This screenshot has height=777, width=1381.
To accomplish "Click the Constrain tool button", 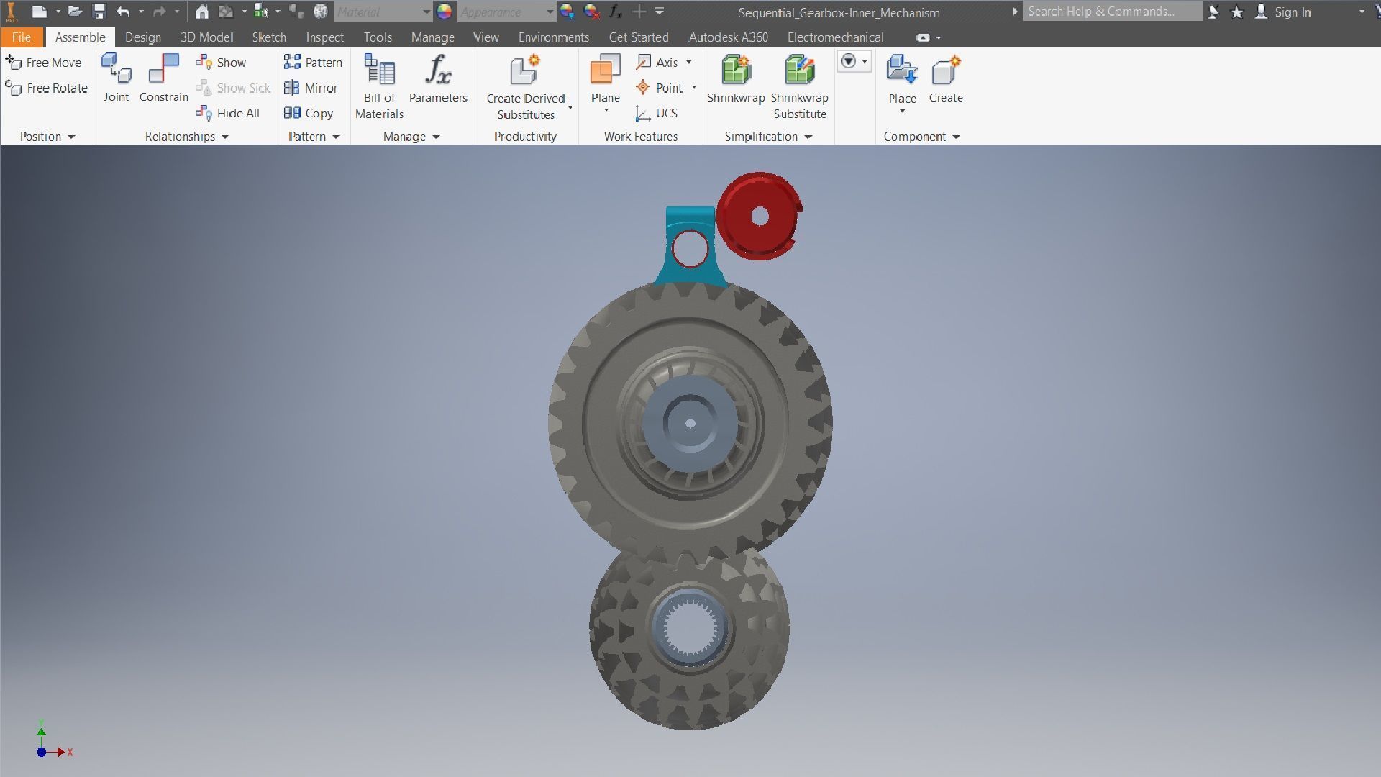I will pyautogui.click(x=163, y=78).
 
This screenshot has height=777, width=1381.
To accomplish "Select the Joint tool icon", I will pyautogui.click(x=116, y=78).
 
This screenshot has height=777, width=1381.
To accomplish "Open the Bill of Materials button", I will pyautogui.click(x=379, y=86).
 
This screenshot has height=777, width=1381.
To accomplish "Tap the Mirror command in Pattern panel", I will pyautogui.click(x=311, y=88).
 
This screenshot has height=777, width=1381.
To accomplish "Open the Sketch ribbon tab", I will pyautogui.click(x=268, y=37).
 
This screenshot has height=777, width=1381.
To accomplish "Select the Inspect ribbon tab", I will pyautogui.click(x=324, y=37).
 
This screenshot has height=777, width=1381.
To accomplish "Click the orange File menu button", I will pyautogui.click(x=21, y=37).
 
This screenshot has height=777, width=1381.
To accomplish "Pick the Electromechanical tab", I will pyautogui.click(x=835, y=37).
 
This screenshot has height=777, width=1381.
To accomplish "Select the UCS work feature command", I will pyautogui.click(x=657, y=113).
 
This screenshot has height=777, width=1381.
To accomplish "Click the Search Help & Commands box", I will pyautogui.click(x=1111, y=12).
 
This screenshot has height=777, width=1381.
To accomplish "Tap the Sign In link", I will pyautogui.click(x=1292, y=12).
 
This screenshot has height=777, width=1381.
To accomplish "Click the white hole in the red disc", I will pyautogui.click(x=760, y=216).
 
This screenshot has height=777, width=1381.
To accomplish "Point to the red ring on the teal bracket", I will pyautogui.click(x=690, y=248).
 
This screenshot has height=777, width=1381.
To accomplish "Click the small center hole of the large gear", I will pyautogui.click(x=690, y=423).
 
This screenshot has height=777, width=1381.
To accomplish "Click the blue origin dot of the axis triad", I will pyautogui.click(x=42, y=752).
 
